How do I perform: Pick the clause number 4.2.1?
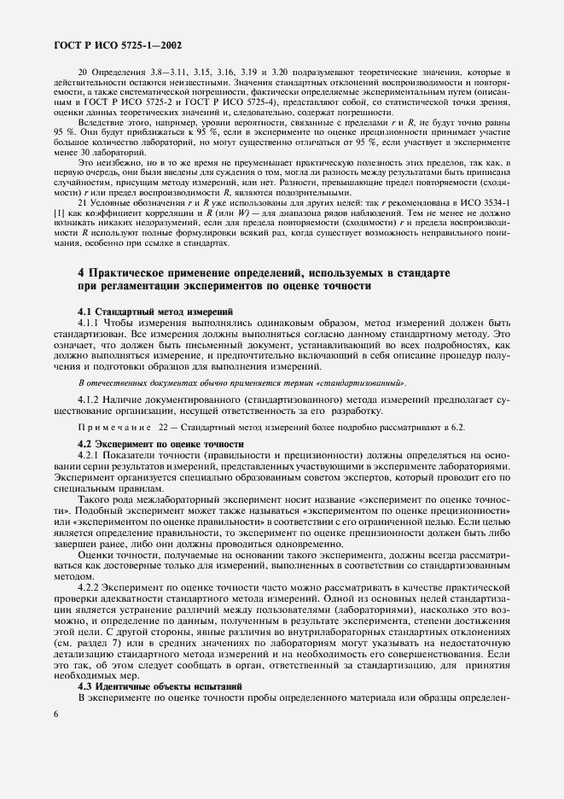pos(90,456)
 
